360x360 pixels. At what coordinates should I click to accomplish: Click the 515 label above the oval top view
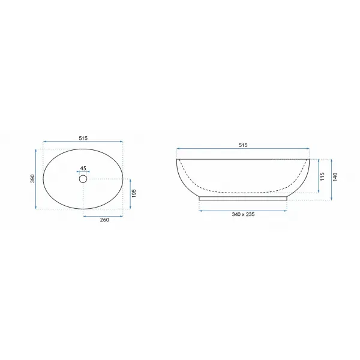click(83, 138)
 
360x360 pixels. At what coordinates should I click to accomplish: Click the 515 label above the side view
click(243, 145)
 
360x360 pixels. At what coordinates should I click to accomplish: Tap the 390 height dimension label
click(32, 179)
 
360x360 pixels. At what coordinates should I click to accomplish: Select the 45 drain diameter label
click(83, 168)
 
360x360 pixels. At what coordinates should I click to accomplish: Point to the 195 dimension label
click(134, 193)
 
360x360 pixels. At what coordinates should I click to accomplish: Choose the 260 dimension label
click(104, 220)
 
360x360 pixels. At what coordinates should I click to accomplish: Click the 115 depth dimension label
click(322, 176)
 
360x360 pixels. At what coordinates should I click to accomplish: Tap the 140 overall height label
click(335, 177)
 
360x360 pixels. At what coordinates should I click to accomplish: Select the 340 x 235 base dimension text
click(243, 214)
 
